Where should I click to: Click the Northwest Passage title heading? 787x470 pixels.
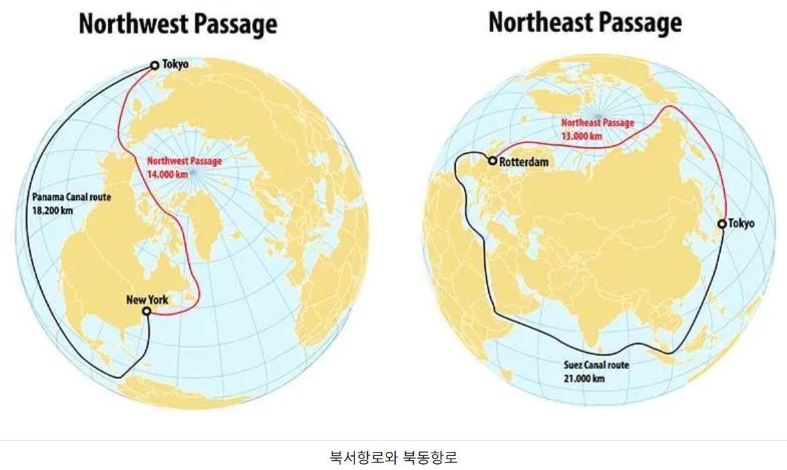point(178,25)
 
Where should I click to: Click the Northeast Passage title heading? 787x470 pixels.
point(585,22)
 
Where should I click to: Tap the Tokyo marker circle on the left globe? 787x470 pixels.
point(154,65)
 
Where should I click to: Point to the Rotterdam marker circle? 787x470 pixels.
point(493,161)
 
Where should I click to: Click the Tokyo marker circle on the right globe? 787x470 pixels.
point(721,224)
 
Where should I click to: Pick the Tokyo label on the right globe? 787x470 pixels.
point(742,224)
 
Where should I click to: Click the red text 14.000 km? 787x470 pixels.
point(168,173)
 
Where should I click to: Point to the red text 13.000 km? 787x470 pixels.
point(581,136)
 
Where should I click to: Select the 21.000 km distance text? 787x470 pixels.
point(586,377)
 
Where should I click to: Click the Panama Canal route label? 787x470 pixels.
point(72,197)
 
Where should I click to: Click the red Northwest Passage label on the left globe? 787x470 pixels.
point(184,161)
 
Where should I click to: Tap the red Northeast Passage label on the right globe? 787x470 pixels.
point(597,123)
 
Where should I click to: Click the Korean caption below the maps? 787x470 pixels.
point(393,458)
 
